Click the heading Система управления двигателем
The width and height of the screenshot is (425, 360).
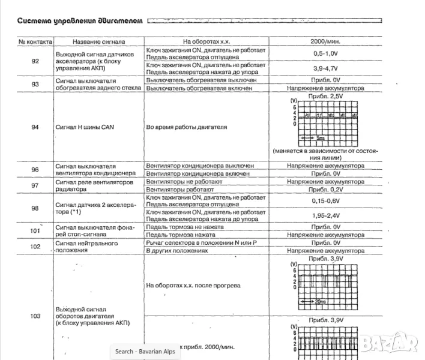80,22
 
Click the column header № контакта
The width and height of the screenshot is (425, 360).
35,43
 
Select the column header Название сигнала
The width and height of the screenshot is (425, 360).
98,43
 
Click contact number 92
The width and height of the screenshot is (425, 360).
35,61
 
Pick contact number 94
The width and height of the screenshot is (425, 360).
35,128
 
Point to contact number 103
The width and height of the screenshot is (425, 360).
35,316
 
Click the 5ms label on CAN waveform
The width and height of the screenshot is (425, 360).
321,137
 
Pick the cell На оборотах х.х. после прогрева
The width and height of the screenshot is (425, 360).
193,285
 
